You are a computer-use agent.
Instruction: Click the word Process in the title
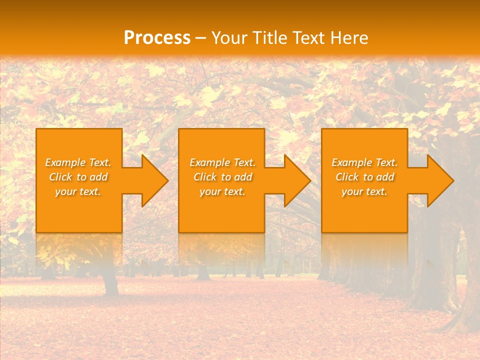[x=157, y=38]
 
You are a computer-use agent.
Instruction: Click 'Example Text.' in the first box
[x=78, y=162]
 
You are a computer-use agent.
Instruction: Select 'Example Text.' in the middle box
[x=222, y=162]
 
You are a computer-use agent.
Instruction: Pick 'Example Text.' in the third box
[x=364, y=162]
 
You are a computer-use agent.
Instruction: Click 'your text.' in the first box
[x=78, y=191]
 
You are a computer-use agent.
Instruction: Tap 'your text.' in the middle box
[x=222, y=191]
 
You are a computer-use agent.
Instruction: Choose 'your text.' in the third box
[x=364, y=191]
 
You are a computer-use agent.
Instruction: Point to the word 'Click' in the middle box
[x=205, y=177]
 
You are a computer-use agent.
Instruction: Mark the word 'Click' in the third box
[x=347, y=177]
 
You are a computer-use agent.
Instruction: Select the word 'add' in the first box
[x=99, y=177]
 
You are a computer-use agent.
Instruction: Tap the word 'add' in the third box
[x=385, y=177]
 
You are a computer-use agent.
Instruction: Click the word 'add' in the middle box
[x=243, y=177]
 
